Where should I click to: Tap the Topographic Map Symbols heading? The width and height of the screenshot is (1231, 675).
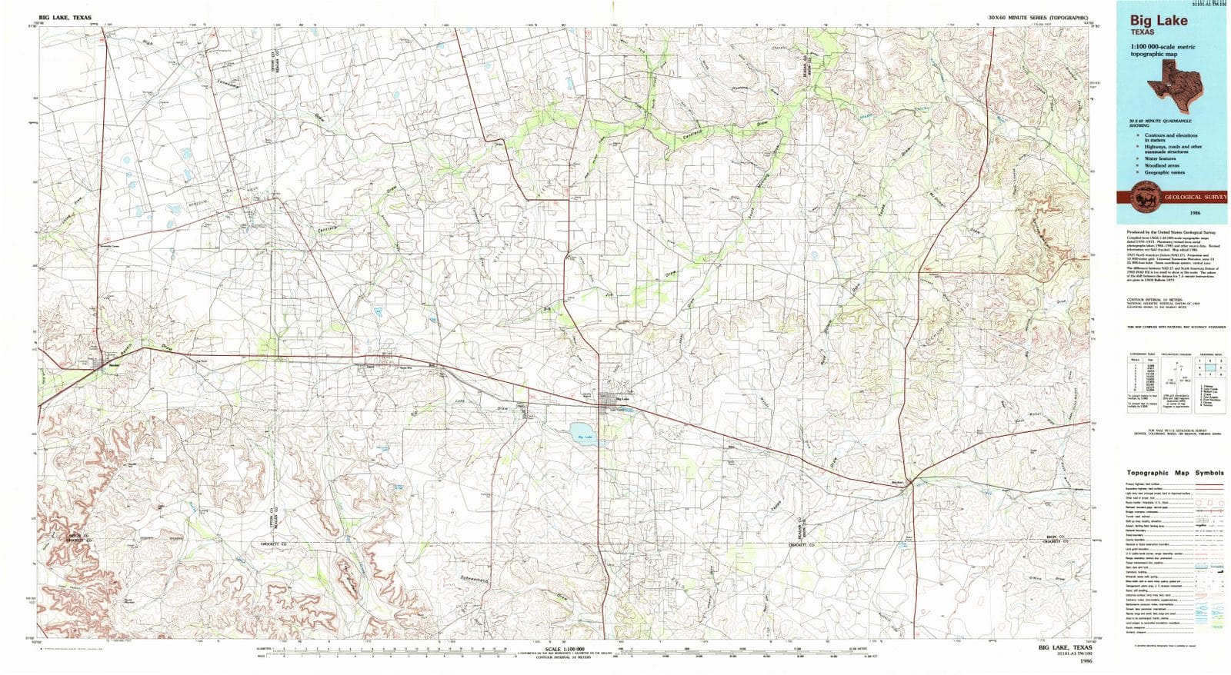point(1175,473)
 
